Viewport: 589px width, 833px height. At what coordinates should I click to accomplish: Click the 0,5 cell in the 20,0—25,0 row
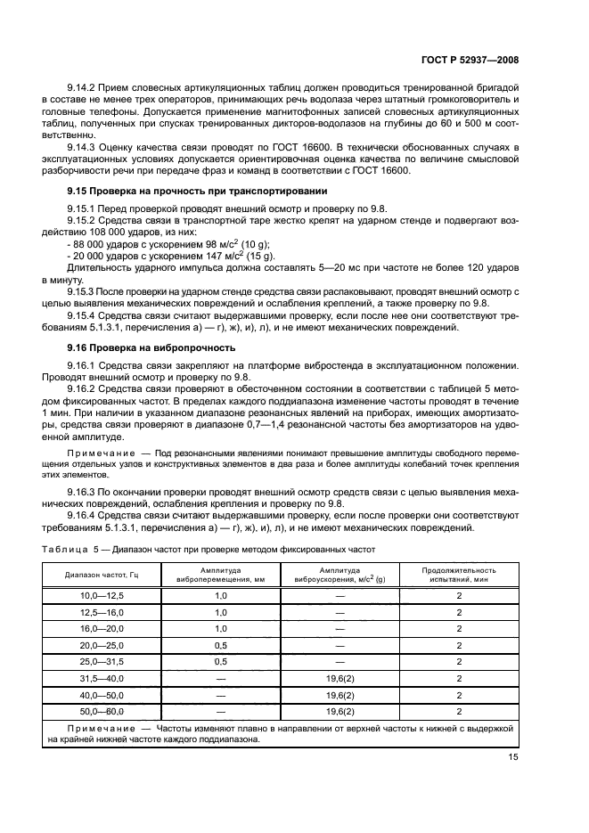221,645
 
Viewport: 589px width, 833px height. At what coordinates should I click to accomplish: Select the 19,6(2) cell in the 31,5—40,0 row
339,679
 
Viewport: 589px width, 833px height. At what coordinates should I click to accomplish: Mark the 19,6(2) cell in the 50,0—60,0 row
339,713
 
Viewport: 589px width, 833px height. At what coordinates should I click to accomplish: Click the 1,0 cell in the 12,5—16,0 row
221,611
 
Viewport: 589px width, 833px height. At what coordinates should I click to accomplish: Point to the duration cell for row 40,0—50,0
458,696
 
